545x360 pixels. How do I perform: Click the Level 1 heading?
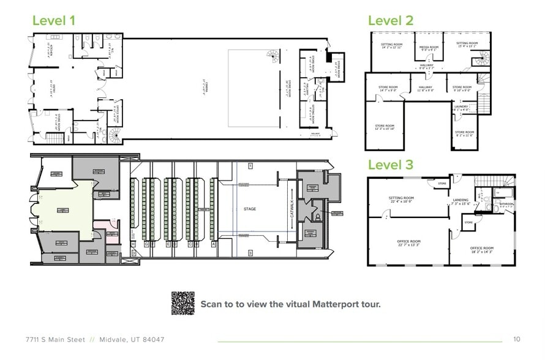(53, 20)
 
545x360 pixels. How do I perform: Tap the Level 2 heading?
(390, 20)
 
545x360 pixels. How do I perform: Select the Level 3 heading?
(390, 165)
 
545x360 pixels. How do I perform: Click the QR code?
(182, 303)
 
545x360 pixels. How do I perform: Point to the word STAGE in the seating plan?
(249, 209)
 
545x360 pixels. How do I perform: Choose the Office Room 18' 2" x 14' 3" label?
(481, 249)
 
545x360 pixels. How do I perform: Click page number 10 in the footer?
(516, 339)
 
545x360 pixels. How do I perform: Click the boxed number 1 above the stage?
(250, 166)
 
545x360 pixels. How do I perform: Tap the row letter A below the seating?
(212, 244)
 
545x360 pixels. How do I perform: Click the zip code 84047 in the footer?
(151, 339)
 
